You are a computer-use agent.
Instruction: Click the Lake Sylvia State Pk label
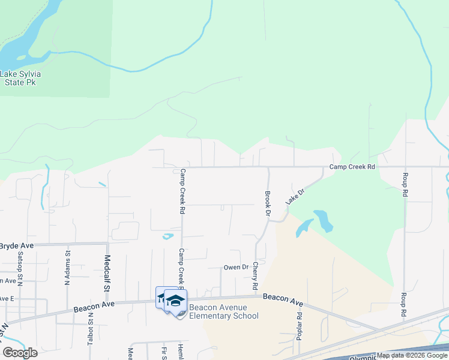pyautogui.click(x=20, y=78)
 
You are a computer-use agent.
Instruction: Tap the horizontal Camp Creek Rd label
pyautogui.click(x=352, y=167)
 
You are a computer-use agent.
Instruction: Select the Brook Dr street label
pyautogui.click(x=267, y=204)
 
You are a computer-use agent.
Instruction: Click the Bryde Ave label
pyautogui.click(x=16, y=246)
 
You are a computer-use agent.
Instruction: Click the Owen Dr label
pyautogui.click(x=236, y=267)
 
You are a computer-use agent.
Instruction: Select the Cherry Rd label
pyautogui.click(x=255, y=274)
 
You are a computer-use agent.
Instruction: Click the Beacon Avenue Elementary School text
pyautogui.click(x=223, y=312)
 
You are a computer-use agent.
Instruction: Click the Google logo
pyautogui.click(x=20, y=353)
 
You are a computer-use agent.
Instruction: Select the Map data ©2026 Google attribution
pyautogui.click(x=412, y=356)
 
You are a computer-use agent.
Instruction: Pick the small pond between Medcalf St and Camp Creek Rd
pyautogui.click(x=167, y=236)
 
